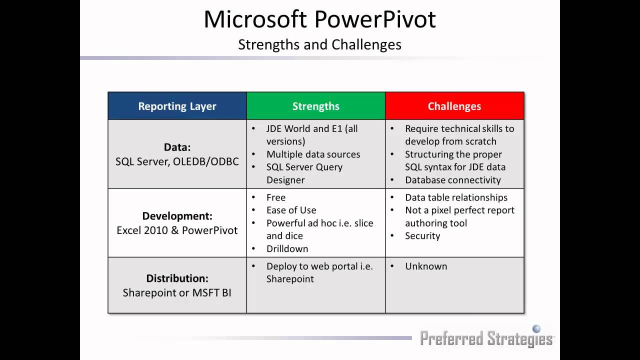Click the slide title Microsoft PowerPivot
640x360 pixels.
(319, 20)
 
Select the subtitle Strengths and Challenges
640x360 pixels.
(319, 44)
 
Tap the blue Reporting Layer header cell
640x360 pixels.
(177, 106)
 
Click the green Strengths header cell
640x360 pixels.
(315, 106)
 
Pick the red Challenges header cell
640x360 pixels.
(454, 106)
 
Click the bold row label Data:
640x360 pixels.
(177, 147)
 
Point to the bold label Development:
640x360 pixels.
(177, 216)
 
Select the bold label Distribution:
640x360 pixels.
(177, 278)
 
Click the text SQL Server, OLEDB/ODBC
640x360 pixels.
(177, 161)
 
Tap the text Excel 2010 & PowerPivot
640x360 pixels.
(177, 230)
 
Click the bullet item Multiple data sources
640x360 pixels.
(313, 154)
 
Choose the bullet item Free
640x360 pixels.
(276, 197)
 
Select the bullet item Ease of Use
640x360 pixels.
(291, 210)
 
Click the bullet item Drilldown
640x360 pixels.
(287, 248)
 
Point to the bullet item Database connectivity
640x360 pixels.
(452, 180)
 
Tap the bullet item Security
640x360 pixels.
(422, 236)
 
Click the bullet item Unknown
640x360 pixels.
(426, 266)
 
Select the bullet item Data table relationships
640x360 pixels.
(456, 197)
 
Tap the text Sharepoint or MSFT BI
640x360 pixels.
(177, 292)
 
